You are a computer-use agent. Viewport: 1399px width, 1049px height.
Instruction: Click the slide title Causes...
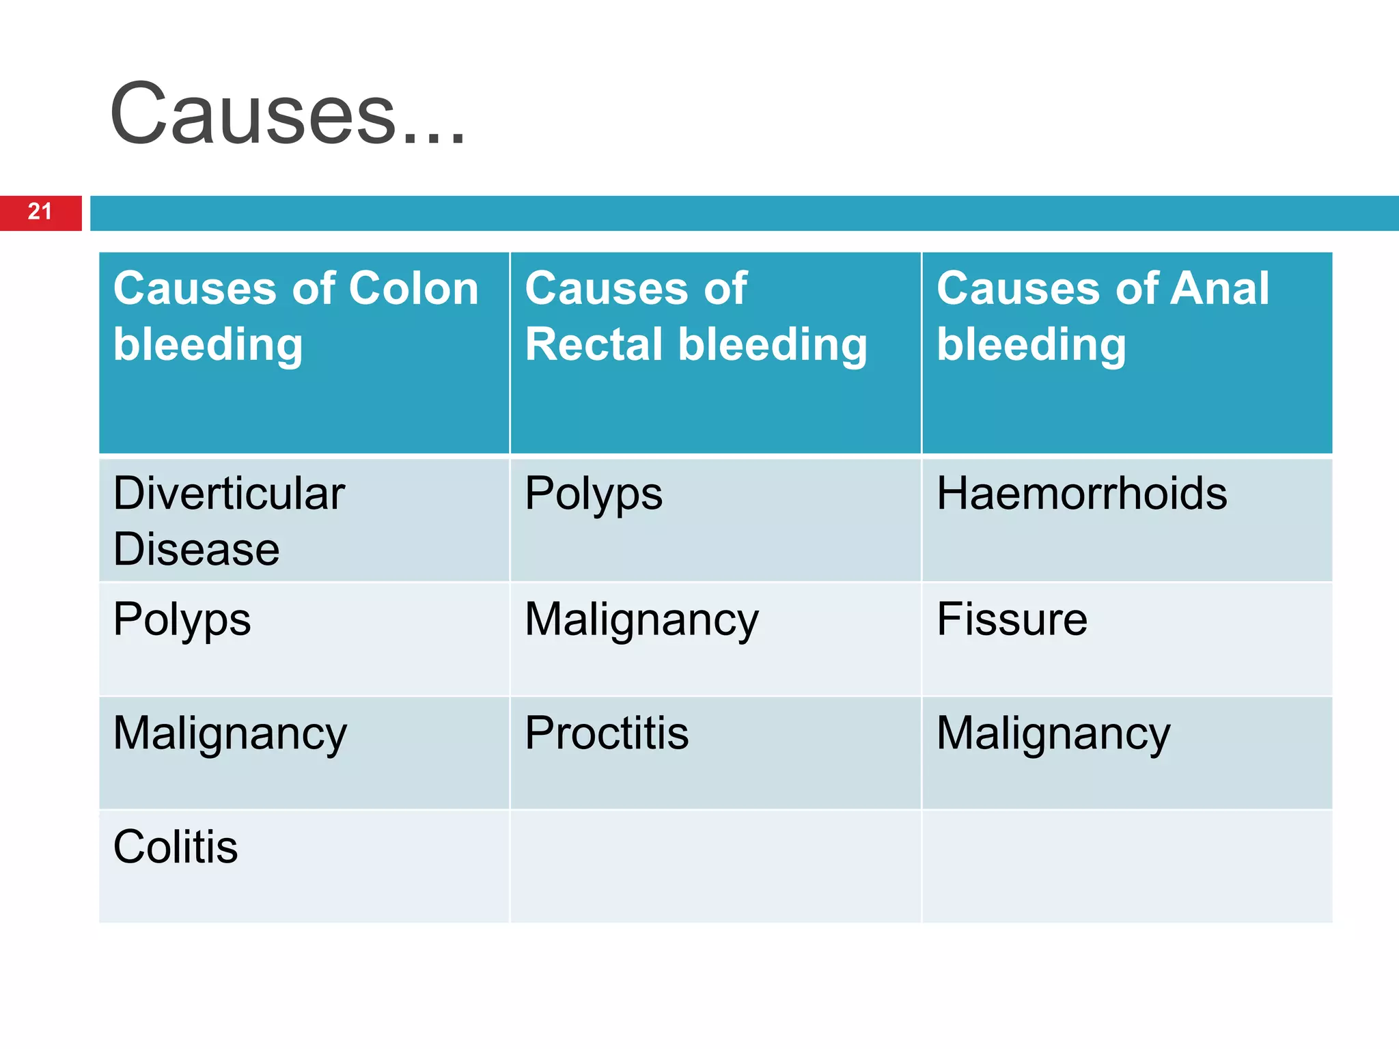(x=287, y=115)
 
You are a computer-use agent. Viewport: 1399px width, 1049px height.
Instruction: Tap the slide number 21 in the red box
(x=40, y=212)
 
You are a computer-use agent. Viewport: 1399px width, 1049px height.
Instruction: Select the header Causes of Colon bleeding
(x=296, y=316)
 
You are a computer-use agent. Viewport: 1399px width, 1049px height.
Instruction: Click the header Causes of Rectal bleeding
(x=695, y=316)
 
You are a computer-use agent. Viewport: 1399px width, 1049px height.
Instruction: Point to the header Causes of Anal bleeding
(x=1102, y=316)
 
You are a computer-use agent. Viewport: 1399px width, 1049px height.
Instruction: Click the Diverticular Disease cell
(x=229, y=520)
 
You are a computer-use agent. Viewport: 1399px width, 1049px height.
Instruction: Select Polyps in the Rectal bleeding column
(x=593, y=494)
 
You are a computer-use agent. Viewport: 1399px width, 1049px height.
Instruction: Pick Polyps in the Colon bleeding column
(x=182, y=620)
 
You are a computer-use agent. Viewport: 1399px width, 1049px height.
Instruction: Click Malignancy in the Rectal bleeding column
(x=641, y=620)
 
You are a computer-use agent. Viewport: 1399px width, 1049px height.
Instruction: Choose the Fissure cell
(x=1012, y=619)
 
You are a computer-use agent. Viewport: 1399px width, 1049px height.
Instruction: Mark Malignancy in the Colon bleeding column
(x=230, y=734)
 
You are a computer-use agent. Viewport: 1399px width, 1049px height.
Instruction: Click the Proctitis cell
(x=606, y=733)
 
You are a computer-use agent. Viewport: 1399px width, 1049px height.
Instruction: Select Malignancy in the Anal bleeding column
(x=1053, y=734)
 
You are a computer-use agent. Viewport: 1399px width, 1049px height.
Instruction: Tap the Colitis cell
(x=176, y=847)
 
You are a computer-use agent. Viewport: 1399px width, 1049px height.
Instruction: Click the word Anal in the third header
(x=1219, y=288)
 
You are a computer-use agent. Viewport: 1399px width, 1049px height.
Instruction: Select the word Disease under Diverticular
(x=196, y=549)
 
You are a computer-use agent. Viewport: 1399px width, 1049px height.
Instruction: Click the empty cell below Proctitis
(x=715, y=866)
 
